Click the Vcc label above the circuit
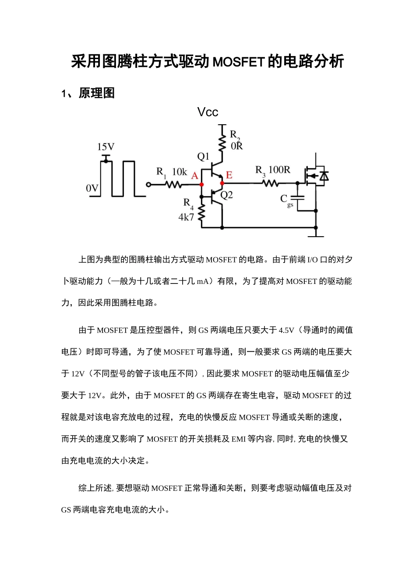click(208, 112)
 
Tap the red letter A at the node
click(195, 175)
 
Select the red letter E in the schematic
click(229, 175)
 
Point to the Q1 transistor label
click(203, 156)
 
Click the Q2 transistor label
click(226, 195)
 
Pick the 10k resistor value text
click(180, 172)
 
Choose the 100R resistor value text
click(279, 170)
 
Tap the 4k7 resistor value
click(186, 217)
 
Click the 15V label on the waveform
click(106, 147)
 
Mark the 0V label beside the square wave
click(92, 188)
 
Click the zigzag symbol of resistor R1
click(173, 185)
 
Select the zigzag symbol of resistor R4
click(201, 212)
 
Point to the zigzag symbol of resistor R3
click(270, 184)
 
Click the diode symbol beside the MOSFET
click(324, 176)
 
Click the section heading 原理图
click(96, 93)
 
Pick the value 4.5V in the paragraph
click(286, 330)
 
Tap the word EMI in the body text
click(239, 439)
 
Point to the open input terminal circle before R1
click(148, 185)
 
